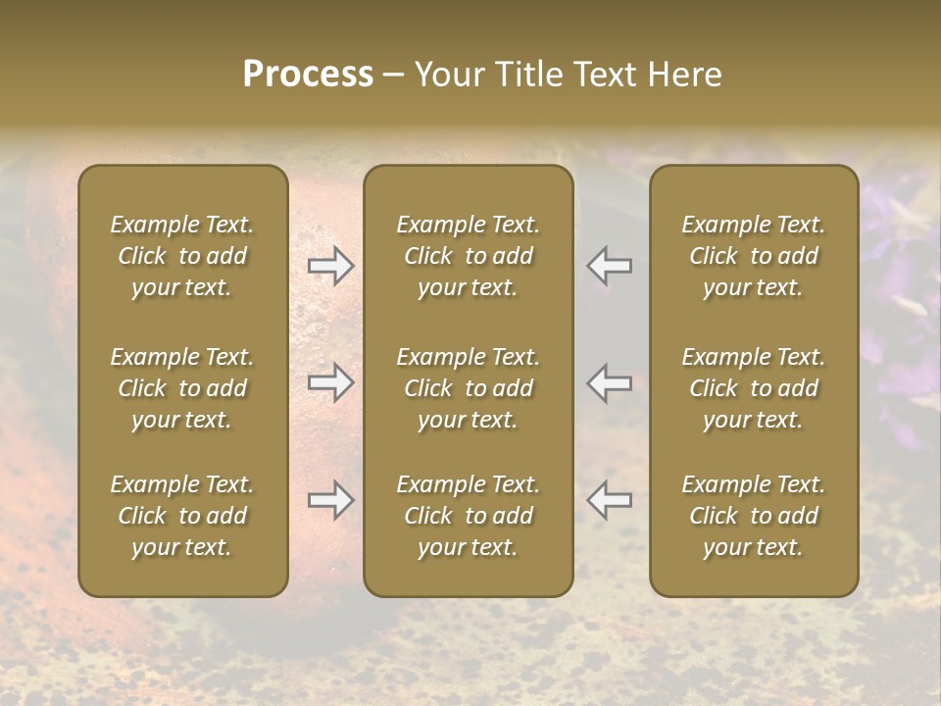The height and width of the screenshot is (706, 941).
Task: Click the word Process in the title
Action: pyautogui.click(x=308, y=75)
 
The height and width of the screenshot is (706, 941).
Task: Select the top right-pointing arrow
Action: pyautogui.click(x=331, y=266)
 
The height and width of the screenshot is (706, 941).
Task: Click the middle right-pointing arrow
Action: pyautogui.click(x=331, y=382)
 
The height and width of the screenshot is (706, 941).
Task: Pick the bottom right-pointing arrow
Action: pyautogui.click(x=331, y=500)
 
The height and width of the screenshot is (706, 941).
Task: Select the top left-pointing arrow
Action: pyautogui.click(x=609, y=266)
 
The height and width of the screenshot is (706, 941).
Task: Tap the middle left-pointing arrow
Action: pyautogui.click(x=609, y=382)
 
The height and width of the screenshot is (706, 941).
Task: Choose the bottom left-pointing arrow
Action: pyautogui.click(x=609, y=500)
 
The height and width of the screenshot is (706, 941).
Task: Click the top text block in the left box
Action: pyautogui.click(x=182, y=256)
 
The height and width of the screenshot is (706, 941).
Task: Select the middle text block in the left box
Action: pyautogui.click(x=182, y=388)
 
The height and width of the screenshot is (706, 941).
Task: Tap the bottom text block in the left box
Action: pyautogui.click(x=182, y=516)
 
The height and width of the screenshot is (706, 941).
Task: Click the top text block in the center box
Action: pyautogui.click(x=469, y=256)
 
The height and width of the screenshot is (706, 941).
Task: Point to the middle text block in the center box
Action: pyautogui.click(x=469, y=388)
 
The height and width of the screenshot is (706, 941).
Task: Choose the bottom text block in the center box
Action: pyautogui.click(x=469, y=516)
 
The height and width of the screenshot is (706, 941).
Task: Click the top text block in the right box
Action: pyautogui.click(x=754, y=256)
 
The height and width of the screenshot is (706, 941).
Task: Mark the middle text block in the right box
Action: pyautogui.click(x=754, y=388)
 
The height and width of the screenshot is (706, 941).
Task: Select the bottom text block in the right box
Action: pyautogui.click(x=754, y=516)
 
